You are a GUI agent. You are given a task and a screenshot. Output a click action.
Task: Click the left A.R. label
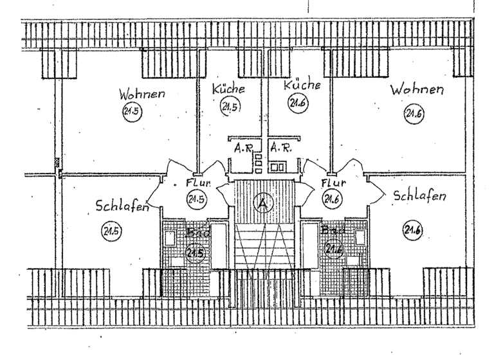point(242,147)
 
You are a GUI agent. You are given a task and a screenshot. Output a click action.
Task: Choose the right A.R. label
point(280,147)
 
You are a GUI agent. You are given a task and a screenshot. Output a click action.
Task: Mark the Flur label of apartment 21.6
point(333,183)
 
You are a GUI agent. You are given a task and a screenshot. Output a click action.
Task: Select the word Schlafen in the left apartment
point(122,206)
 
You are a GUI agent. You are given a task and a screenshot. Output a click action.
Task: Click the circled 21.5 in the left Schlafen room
point(111,230)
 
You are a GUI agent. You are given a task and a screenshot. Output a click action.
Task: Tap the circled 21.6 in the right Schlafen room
point(412,228)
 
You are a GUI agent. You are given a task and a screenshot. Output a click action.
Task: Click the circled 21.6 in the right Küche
point(297,103)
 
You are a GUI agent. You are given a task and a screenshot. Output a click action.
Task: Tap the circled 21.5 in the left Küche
point(229,106)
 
